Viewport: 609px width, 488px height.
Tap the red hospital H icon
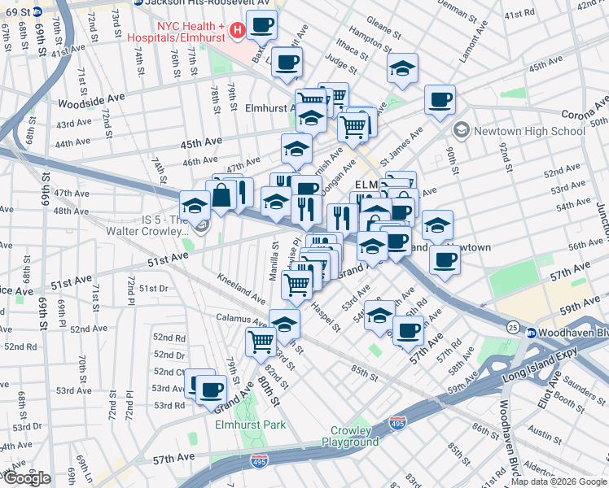click(x=238, y=31)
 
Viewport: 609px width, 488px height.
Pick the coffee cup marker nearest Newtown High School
click(x=440, y=101)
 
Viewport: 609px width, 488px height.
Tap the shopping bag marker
click(x=221, y=195)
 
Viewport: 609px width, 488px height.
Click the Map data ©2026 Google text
click(x=558, y=481)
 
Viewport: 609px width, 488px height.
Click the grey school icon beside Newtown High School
click(x=462, y=131)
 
